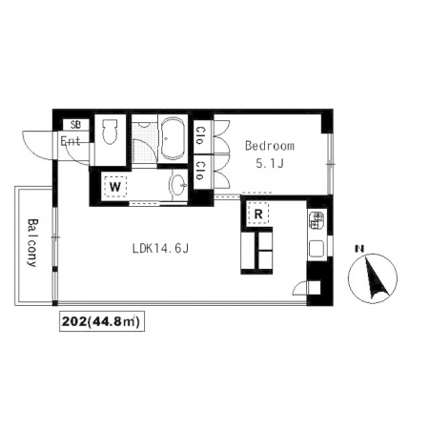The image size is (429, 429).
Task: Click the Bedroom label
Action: [x=270, y=146]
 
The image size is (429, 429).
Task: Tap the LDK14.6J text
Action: [x=160, y=249]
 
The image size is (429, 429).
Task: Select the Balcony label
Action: [x=32, y=242]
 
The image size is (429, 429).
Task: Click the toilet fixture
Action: [x=110, y=132]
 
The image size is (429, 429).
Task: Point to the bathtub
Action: [x=173, y=139]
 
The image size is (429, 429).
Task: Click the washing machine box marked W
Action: [x=115, y=187]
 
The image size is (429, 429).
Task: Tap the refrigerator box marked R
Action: [x=258, y=214]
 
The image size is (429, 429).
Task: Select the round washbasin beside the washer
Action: [x=179, y=185]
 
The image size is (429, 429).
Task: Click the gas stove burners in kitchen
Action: [x=317, y=220]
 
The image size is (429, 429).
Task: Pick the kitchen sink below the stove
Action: [x=317, y=248]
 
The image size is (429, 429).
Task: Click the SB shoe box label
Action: [x=75, y=125]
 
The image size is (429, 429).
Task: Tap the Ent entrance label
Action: [x=71, y=141]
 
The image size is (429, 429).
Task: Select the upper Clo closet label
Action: [x=200, y=135]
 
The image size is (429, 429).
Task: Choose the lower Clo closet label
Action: [x=200, y=171]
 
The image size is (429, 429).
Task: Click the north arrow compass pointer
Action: [x=375, y=278]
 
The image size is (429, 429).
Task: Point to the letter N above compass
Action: [x=359, y=249]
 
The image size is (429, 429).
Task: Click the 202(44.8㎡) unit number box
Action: [x=102, y=321]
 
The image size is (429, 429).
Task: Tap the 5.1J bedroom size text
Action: [x=270, y=163]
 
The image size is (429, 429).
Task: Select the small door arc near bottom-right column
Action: [x=298, y=285]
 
